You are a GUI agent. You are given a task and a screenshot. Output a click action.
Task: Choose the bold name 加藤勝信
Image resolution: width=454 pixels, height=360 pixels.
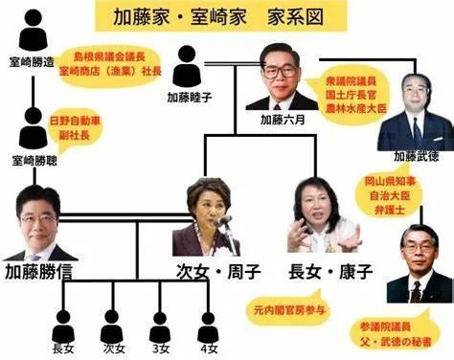pos(42,271)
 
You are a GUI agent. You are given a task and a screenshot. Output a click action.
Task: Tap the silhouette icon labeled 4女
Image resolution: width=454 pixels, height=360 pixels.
pos(208,320)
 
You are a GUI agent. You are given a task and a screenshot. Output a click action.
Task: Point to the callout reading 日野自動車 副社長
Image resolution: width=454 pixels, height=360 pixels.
pos(76,129)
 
